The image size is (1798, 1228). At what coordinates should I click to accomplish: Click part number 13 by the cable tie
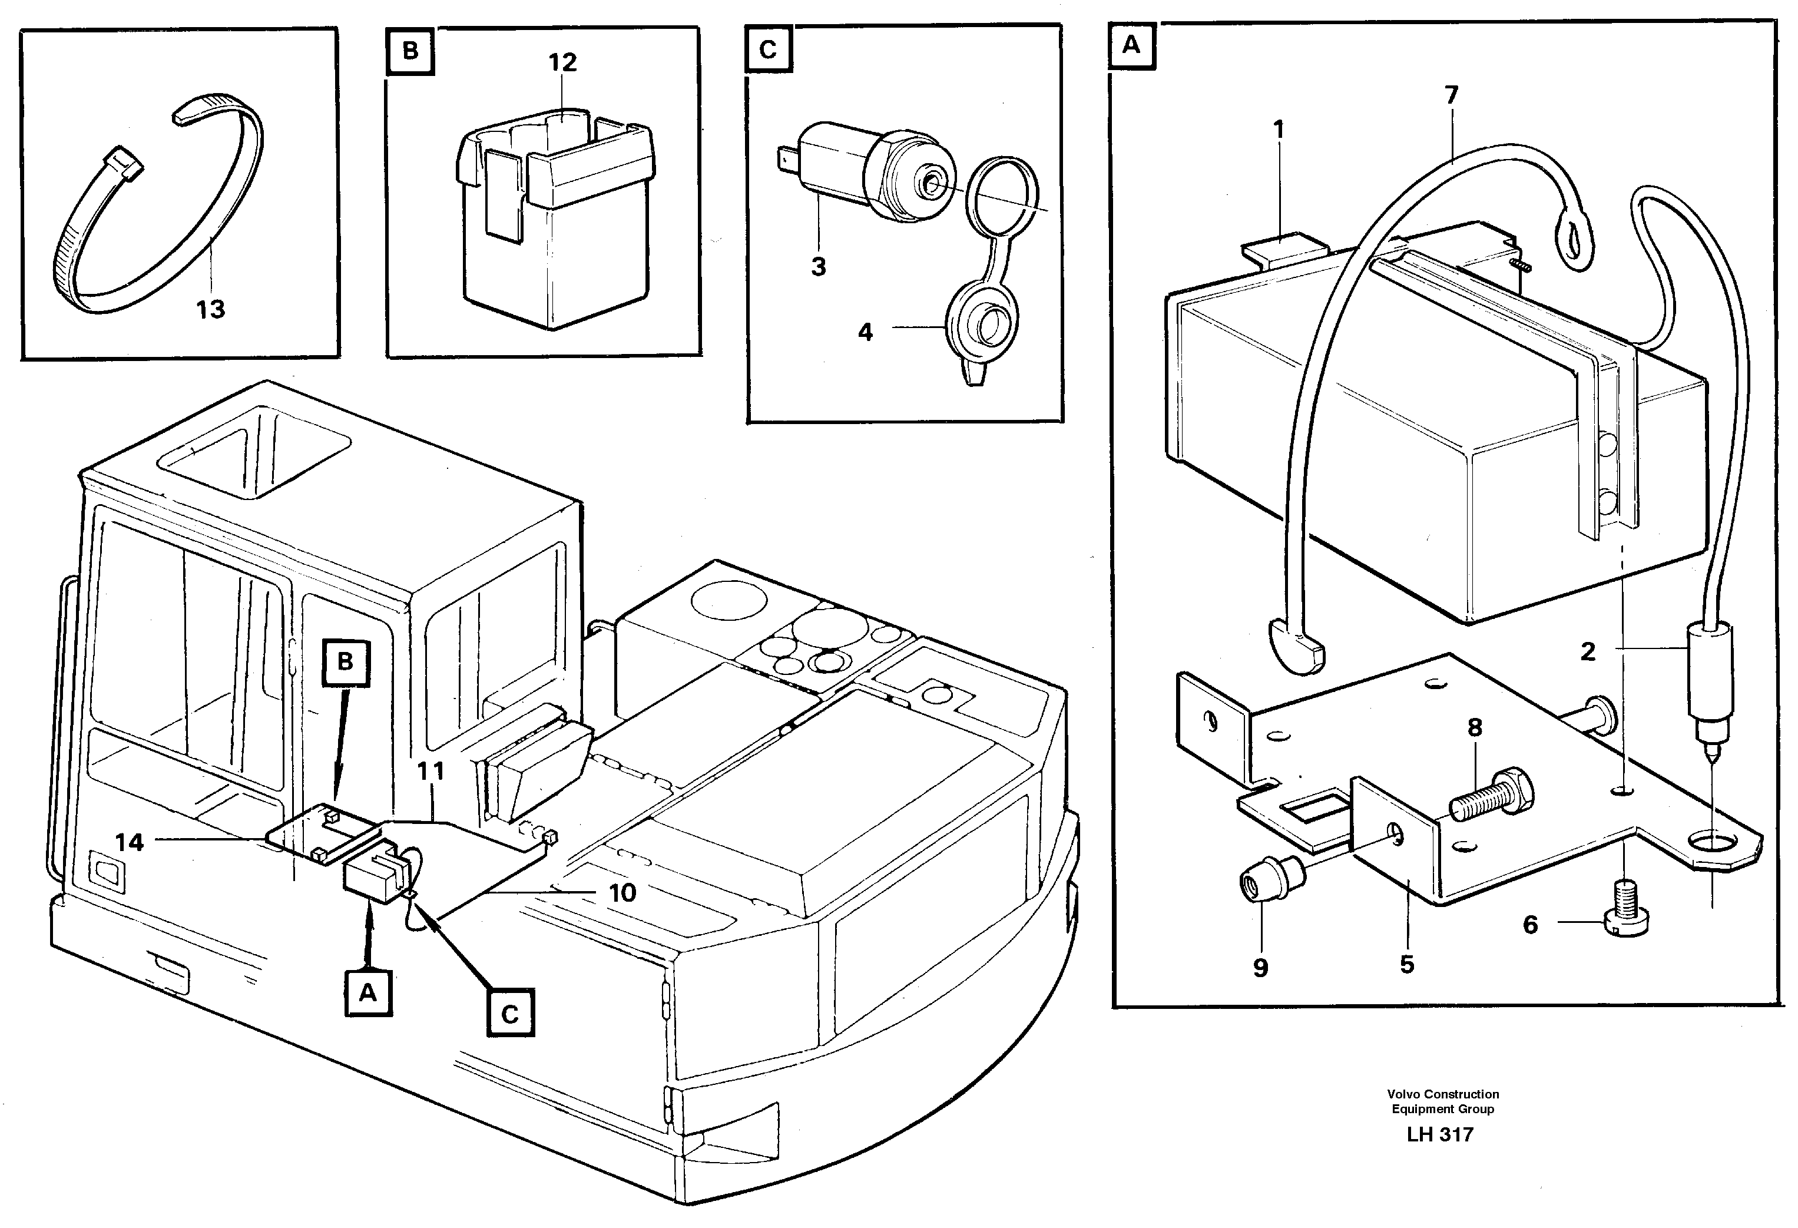(x=210, y=310)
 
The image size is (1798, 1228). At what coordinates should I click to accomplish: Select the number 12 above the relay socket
(x=562, y=62)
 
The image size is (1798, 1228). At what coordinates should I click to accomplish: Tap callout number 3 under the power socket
(x=819, y=267)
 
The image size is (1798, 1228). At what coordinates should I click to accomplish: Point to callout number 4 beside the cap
(x=865, y=332)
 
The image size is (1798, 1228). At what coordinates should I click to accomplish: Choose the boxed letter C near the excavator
(x=510, y=1014)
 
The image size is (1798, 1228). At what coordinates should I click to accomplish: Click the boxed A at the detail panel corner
(x=1131, y=46)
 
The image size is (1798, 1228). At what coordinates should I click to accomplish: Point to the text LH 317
(x=1440, y=1135)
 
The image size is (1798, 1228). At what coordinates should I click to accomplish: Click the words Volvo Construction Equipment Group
(x=1443, y=1101)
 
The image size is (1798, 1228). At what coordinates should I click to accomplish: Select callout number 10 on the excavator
(x=622, y=893)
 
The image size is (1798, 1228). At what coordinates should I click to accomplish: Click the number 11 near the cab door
(x=431, y=772)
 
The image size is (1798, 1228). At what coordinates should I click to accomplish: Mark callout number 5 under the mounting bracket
(x=1408, y=964)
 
